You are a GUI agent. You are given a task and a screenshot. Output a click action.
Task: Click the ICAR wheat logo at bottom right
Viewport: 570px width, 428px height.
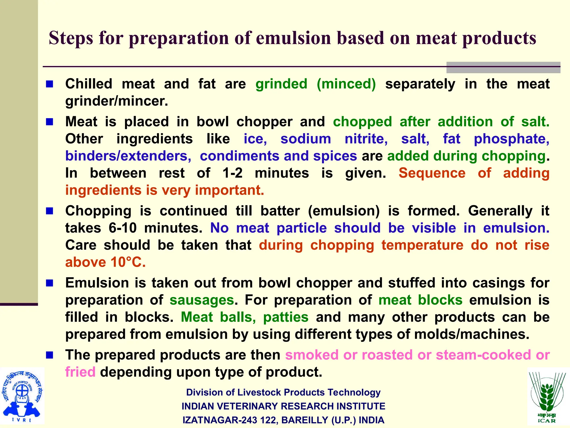547,397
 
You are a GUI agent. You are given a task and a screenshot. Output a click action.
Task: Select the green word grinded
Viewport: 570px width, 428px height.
281,84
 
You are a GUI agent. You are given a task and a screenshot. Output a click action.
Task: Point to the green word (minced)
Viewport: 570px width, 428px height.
346,84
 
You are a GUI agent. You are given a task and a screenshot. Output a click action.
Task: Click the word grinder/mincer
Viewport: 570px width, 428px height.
117,101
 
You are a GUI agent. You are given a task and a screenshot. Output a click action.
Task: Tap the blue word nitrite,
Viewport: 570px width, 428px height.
366,139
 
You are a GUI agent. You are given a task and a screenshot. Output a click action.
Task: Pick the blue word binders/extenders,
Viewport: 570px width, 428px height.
128,156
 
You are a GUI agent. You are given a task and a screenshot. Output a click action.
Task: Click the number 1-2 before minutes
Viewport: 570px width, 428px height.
232,173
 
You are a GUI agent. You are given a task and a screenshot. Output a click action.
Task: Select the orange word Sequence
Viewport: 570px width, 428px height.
432,173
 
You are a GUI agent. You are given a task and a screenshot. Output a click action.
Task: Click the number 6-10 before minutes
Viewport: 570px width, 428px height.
122,228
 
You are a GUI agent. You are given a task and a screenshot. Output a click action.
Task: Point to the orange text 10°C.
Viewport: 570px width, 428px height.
128,262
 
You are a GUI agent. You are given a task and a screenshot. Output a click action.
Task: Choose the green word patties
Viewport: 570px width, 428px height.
286,317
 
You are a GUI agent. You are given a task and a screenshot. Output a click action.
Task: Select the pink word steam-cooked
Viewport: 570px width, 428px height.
483,355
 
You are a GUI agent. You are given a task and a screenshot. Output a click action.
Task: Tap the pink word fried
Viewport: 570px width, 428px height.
80,372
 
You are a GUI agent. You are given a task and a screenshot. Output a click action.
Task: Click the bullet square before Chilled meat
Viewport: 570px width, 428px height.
50,84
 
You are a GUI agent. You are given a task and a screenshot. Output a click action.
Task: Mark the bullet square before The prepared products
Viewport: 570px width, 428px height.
50,355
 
